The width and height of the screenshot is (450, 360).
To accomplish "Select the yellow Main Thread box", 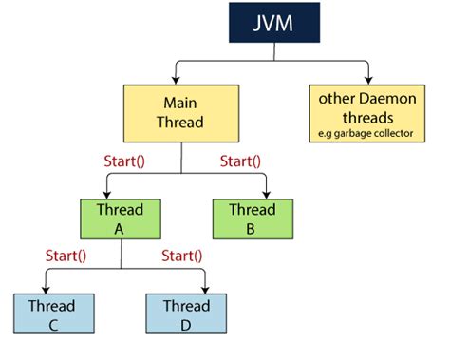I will pyautogui.click(x=180, y=114).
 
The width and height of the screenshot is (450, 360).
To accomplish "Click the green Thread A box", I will pyautogui.click(x=120, y=218).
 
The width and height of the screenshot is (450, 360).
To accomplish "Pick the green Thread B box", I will pyautogui.click(x=252, y=218).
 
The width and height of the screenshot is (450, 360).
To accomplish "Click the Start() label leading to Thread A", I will pyautogui.click(x=125, y=161).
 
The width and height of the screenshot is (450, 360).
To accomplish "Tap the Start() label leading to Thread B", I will pyautogui.click(x=242, y=161).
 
